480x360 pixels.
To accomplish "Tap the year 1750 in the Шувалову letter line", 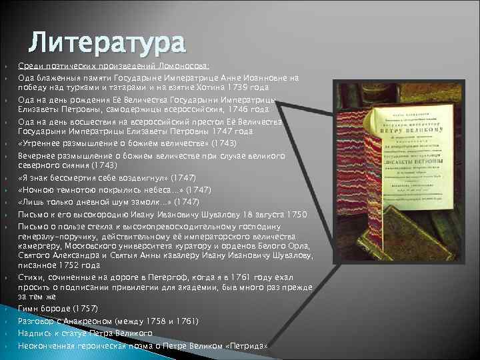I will pyautogui.click(x=294, y=213).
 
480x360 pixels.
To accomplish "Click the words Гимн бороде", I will pyautogui.click(x=44, y=309).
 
